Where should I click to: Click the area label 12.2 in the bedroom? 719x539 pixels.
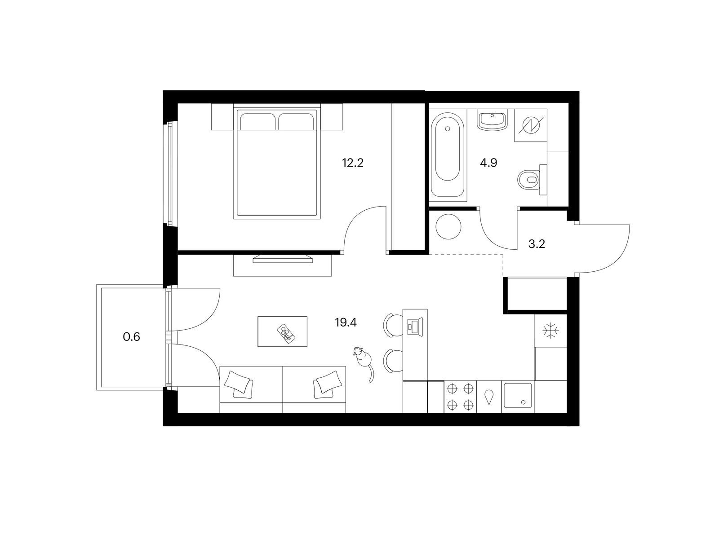[352, 163]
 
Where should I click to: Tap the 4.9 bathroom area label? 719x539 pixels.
[488, 163]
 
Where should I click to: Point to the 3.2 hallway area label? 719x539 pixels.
[537, 244]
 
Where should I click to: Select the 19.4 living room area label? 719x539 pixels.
[346, 323]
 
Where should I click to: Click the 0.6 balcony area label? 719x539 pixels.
[131, 337]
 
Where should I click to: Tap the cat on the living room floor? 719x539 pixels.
[364, 363]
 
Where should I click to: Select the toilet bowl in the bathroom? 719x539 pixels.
[528, 180]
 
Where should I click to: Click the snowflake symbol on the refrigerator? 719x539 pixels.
[550, 331]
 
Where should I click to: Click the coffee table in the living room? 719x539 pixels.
[282, 331]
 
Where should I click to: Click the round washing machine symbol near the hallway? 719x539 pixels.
[448, 226]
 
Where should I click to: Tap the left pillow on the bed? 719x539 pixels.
[257, 122]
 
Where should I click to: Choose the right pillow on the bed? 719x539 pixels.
[297, 122]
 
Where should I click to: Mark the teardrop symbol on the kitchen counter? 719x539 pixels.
[489, 397]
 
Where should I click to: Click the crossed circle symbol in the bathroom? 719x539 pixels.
[531, 126]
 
